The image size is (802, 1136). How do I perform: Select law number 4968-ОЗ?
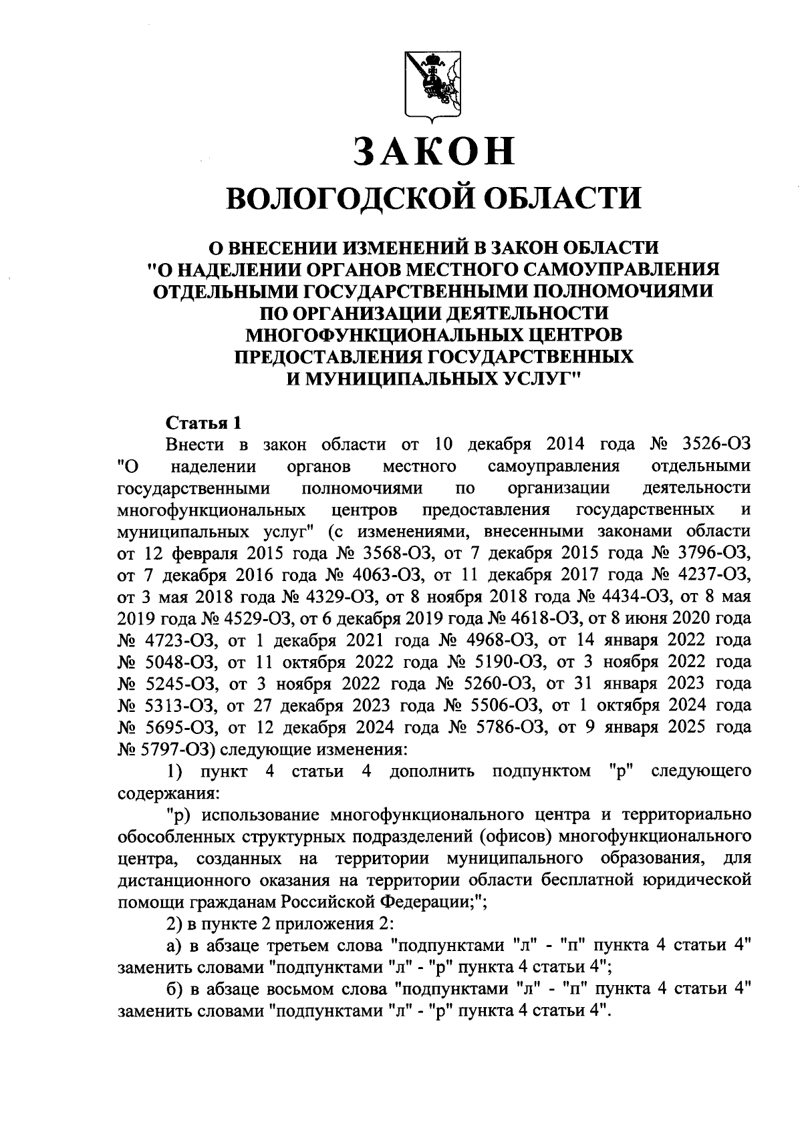coord(485,639)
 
